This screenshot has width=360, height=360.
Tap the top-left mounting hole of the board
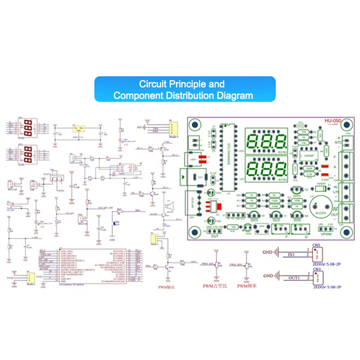pyautogui.click(x=194, y=125)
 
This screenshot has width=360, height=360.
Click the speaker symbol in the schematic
pyautogui.click(x=169, y=207)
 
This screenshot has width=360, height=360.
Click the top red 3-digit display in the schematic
pyautogui.click(x=25, y=128)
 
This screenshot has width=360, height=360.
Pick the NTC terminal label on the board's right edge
pyautogui.click(x=338, y=143)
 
